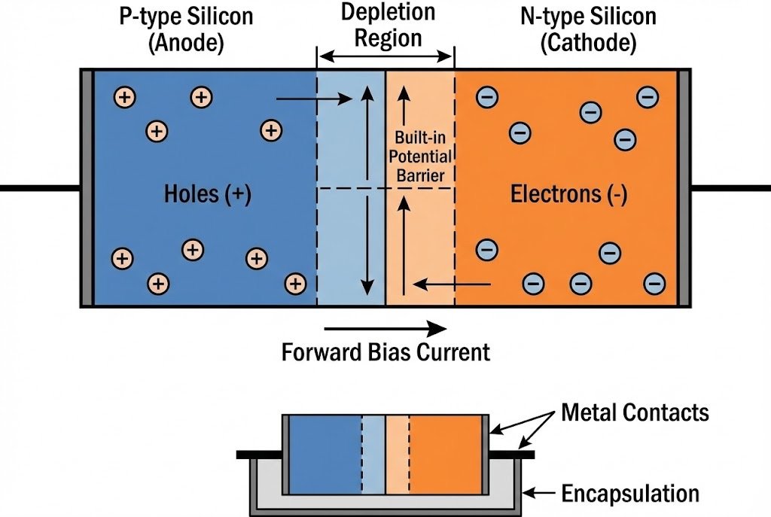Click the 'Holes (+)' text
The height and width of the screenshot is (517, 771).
[x=207, y=194]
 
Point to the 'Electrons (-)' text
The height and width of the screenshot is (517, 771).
[x=569, y=194]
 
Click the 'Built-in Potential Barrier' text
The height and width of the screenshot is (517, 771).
[x=423, y=157]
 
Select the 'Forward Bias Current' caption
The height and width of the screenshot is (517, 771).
[x=385, y=351]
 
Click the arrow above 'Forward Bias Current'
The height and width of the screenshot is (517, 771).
[x=385, y=328]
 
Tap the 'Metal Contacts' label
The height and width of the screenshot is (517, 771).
[x=635, y=412]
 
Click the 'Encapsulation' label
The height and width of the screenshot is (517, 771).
[x=630, y=494]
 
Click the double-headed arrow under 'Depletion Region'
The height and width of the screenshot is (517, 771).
[x=385, y=56]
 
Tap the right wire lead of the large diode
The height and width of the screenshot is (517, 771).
[x=730, y=187]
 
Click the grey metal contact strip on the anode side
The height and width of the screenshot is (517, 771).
[x=87, y=188]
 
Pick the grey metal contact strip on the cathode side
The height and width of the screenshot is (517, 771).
[x=684, y=188]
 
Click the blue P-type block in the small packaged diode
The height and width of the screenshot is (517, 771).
[x=325, y=455]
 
